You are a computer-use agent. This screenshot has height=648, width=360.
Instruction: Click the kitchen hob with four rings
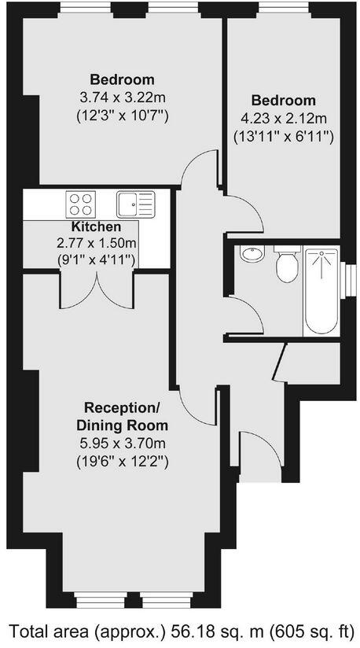point(80,204)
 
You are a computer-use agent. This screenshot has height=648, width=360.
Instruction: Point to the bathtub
point(321,292)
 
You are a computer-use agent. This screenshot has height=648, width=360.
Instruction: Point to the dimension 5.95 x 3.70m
point(122,443)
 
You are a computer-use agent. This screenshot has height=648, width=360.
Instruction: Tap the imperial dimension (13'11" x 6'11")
point(284,135)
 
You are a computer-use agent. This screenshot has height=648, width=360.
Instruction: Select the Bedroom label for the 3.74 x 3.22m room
point(122,79)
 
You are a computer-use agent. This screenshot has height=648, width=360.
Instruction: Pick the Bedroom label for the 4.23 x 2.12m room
point(284,101)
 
